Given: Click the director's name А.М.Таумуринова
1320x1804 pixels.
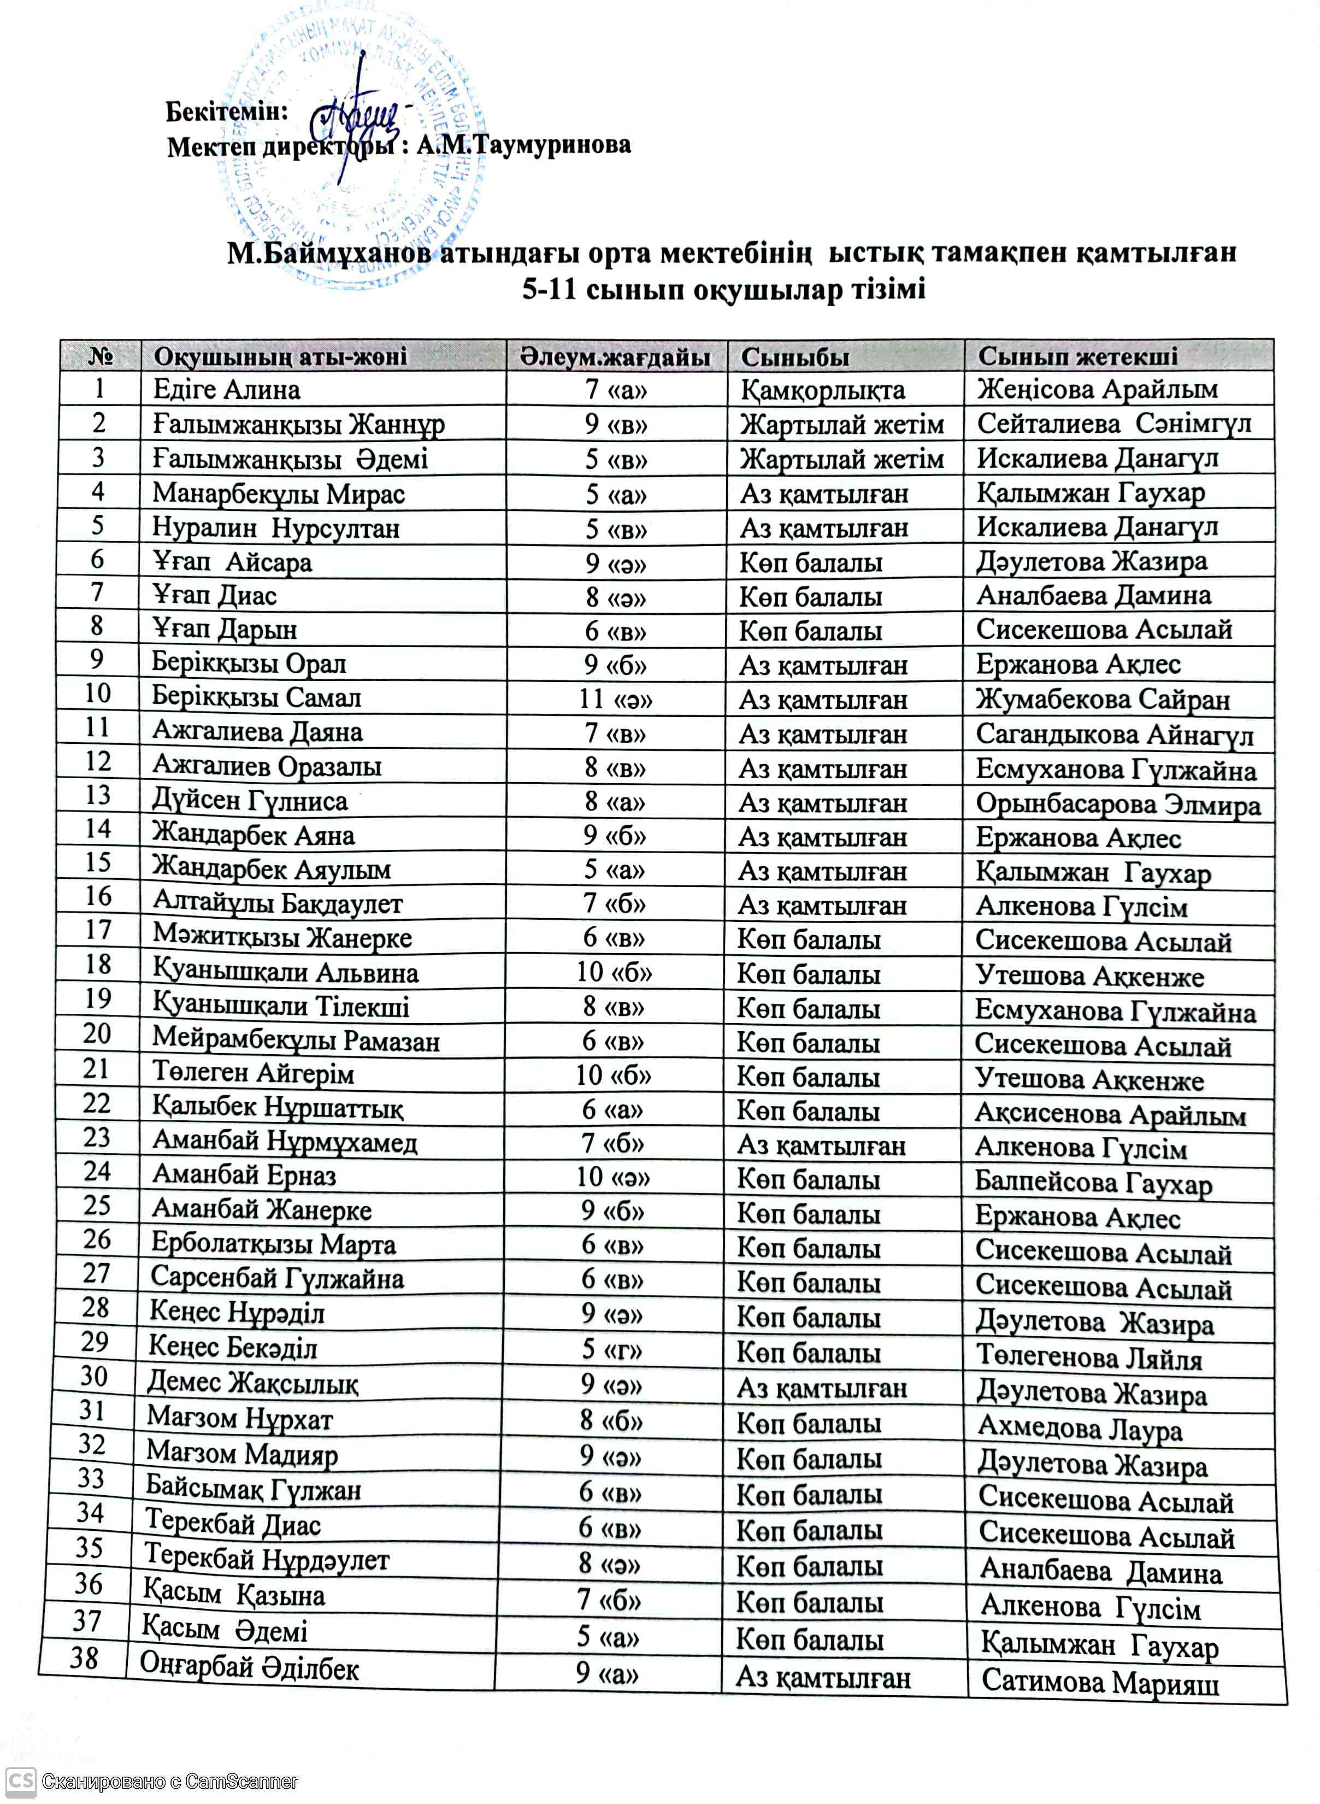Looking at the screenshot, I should pyautogui.click(x=523, y=145).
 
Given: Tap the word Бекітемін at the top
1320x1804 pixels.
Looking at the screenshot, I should pyautogui.click(x=226, y=111).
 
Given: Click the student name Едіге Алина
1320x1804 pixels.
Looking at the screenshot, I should pyautogui.click(x=227, y=390).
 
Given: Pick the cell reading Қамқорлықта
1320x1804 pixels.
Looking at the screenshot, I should pyautogui.click(x=822, y=390).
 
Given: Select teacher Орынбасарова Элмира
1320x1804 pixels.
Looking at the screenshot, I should pyautogui.click(x=1118, y=803).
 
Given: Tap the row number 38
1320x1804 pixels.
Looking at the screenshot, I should pyautogui.click(x=84, y=1658).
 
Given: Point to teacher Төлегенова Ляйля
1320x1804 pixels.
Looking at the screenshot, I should pyautogui.click(x=1089, y=1357).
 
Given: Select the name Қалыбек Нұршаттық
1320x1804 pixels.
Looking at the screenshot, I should pyautogui.click(x=278, y=1108).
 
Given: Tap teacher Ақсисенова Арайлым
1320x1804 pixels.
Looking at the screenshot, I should pyautogui.click(x=1110, y=1114).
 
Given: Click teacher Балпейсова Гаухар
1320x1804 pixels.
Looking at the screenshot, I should pyautogui.click(x=1093, y=1183).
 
